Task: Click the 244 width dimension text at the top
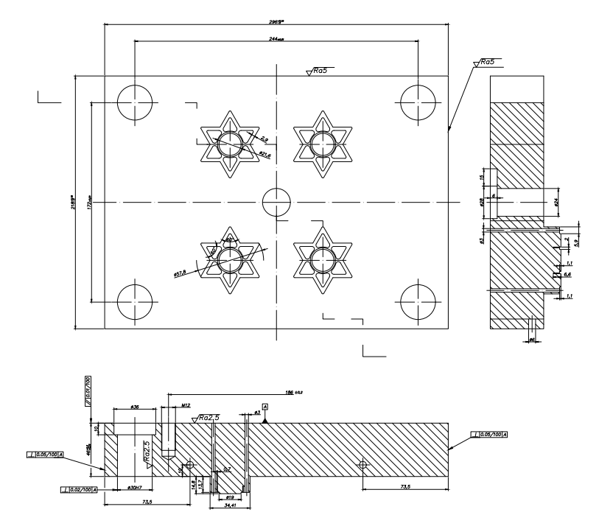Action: (276, 38)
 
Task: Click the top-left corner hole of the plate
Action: (134, 99)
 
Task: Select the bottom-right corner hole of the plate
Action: (418, 302)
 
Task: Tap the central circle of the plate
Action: (277, 201)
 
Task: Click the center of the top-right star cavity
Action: (321, 143)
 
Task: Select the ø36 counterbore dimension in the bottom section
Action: (134, 406)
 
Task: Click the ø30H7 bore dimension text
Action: (134, 488)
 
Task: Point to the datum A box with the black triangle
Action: (265, 407)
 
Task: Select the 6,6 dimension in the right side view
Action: (567, 274)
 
